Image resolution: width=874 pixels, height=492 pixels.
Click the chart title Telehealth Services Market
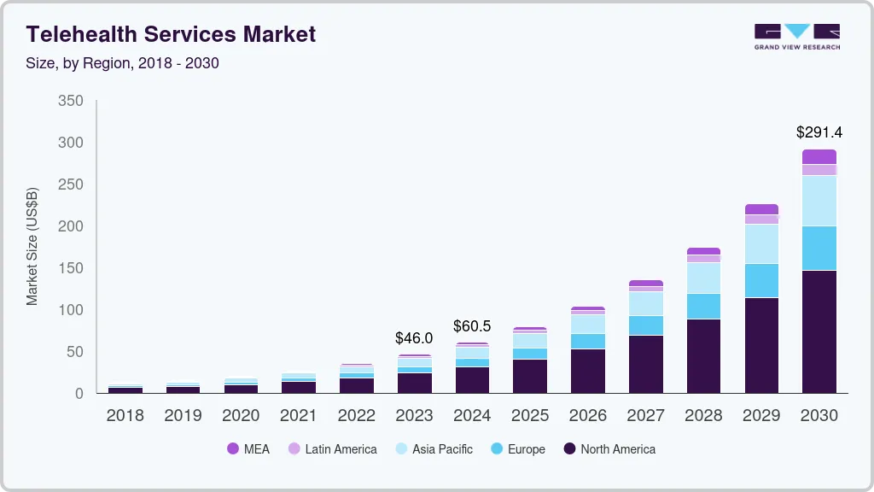(x=171, y=34)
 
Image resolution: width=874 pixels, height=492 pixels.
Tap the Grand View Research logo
(x=796, y=36)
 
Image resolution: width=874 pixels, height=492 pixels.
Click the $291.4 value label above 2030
(x=819, y=132)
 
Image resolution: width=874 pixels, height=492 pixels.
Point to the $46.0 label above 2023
(x=414, y=338)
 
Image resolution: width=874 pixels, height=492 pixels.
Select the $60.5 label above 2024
(x=472, y=326)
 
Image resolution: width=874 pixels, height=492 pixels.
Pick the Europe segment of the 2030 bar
(x=819, y=248)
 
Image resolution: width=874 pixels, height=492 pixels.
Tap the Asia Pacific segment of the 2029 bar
(x=761, y=243)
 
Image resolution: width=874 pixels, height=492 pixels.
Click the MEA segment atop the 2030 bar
(x=819, y=156)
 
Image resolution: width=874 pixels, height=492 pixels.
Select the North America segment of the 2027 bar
(x=645, y=364)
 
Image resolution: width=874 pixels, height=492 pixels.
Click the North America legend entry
(x=609, y=449)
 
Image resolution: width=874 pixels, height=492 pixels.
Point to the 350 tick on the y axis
(x=71, y=101)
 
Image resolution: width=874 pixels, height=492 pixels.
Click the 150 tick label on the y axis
(x=71, y=268)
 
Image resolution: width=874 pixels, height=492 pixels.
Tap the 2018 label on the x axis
(x=125, y=416)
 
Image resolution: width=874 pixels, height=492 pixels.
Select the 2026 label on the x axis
(x=587, y=416)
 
